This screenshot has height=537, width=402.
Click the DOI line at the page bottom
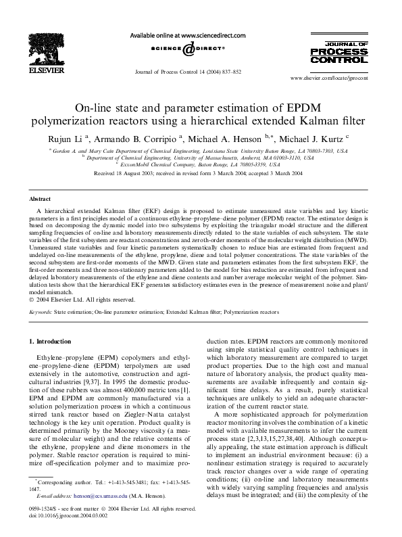coord(67,513)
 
